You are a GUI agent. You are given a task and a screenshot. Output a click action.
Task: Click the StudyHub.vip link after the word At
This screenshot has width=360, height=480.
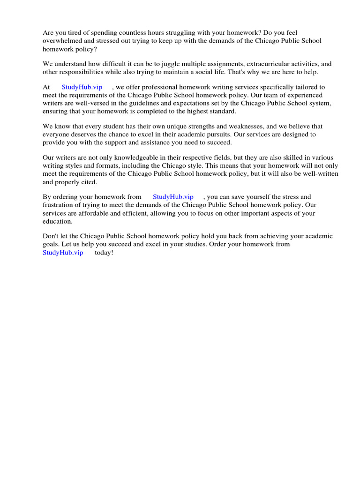(x=82, y=87)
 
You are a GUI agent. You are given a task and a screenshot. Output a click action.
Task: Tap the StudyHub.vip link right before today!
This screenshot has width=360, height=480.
(x=63, y=253)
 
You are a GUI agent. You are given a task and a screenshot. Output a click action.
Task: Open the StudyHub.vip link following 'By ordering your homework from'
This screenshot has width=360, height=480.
(x=173, y=197)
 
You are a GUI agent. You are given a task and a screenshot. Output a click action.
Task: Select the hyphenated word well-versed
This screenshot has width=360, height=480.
(x=85, y=103)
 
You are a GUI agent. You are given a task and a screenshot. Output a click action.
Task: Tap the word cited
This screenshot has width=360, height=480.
(x=88, y=182)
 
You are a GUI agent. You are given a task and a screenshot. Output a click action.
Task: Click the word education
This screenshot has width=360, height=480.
(x=57, y=221)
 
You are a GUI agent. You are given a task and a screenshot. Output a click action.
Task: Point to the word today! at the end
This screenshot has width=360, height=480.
(x=104, y=253)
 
